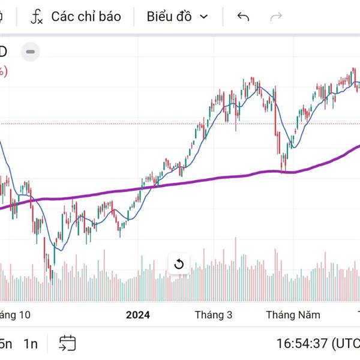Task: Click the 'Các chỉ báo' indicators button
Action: point(85,16)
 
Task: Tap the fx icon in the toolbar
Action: point(37,17)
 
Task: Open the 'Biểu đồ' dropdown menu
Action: point(177,16)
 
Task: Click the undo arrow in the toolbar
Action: point(243,16)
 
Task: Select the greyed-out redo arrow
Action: point(276,16)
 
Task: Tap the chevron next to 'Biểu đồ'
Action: point(203,17)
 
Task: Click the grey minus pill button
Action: point(31,52)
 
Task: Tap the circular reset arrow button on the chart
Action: point(178,264)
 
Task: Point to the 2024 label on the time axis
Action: point(138,314)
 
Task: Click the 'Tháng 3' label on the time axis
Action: point(214,314)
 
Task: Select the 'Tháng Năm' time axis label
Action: point(293,314)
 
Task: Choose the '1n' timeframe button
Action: point(31,344)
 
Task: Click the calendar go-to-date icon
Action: point(67,343)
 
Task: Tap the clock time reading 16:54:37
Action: point(302,344)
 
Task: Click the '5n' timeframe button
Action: point(5,344)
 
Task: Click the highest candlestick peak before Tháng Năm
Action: point(253,80)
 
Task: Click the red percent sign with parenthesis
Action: point(3,71)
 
